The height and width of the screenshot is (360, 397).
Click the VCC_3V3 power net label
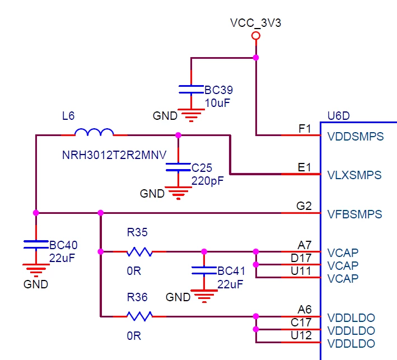point(255,23)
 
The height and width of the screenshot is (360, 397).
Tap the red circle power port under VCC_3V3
point(256,36)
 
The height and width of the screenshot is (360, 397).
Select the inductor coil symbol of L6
point(94,132)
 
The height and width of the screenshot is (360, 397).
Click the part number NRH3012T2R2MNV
point(114,155)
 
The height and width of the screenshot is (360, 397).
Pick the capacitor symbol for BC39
point(191,90)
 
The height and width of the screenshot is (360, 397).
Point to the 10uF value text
point(217,103)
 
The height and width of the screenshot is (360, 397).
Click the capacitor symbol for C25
point(178,167)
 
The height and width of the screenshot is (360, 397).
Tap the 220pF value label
point(207,181)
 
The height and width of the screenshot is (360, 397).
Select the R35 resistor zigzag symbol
point(139,251)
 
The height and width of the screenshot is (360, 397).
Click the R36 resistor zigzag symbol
point(139,316)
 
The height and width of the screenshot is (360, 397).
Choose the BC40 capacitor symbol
point(36,245)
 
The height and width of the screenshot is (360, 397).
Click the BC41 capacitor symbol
point(204,270)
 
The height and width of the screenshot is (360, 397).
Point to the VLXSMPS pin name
point(354,175)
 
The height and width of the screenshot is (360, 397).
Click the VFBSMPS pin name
point(354,214)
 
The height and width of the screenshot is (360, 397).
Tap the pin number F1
point(305,129)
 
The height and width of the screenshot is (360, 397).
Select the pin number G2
point(304,206)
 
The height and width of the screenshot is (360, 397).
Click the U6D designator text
point(339,116)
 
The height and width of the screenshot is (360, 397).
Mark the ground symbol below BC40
point(36,270)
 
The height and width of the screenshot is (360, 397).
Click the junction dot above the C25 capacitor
point(178,135)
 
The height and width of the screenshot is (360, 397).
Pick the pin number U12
point(301,335)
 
